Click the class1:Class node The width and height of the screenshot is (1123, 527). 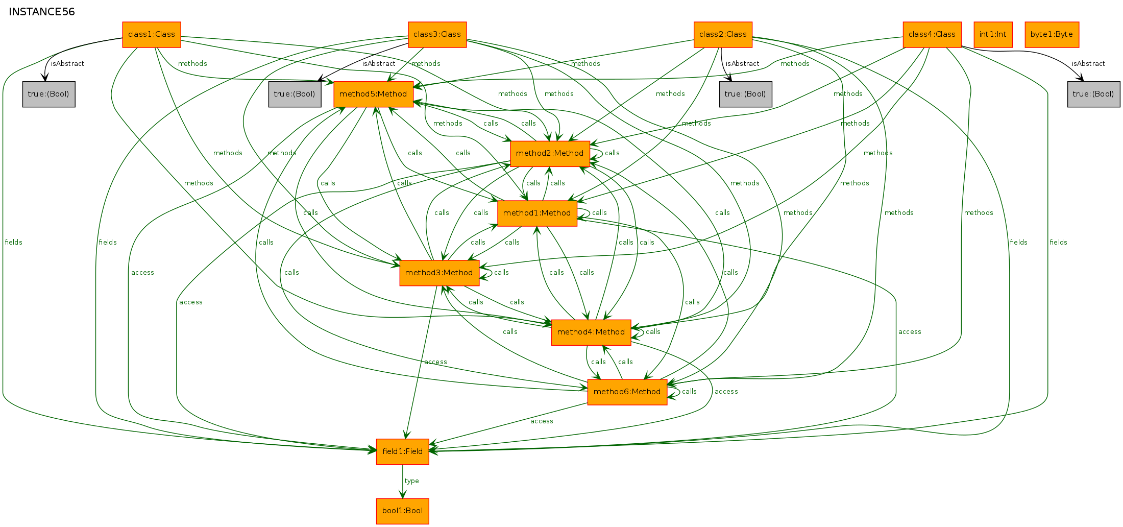(152, 35)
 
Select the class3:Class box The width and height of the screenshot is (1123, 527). (437, 35)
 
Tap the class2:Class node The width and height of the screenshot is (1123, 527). (723, 35)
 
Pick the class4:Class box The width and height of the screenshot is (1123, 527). (932, 35)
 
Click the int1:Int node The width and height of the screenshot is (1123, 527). (993, 35)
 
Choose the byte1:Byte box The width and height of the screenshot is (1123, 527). (1052, 35)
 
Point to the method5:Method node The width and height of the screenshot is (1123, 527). (374, 94)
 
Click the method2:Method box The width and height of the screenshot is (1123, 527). (550, 154)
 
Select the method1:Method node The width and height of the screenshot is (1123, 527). (537, 213)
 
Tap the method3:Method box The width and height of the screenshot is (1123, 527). (440, 273)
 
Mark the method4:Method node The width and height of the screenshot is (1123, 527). (591, 332)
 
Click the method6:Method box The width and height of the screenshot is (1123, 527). (627, 392)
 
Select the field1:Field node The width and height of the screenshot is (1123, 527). (403, 452)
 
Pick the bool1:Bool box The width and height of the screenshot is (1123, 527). (403, 511)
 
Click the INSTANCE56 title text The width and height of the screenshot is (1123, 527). (42, 12)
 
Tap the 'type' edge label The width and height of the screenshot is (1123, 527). (411, 481)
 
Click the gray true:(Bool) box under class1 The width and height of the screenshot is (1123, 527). (49, 94)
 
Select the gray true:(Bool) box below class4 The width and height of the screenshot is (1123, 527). (1094, 94)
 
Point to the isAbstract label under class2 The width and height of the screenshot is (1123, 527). (742, 64)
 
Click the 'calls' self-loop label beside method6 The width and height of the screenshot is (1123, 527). (689, 392)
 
